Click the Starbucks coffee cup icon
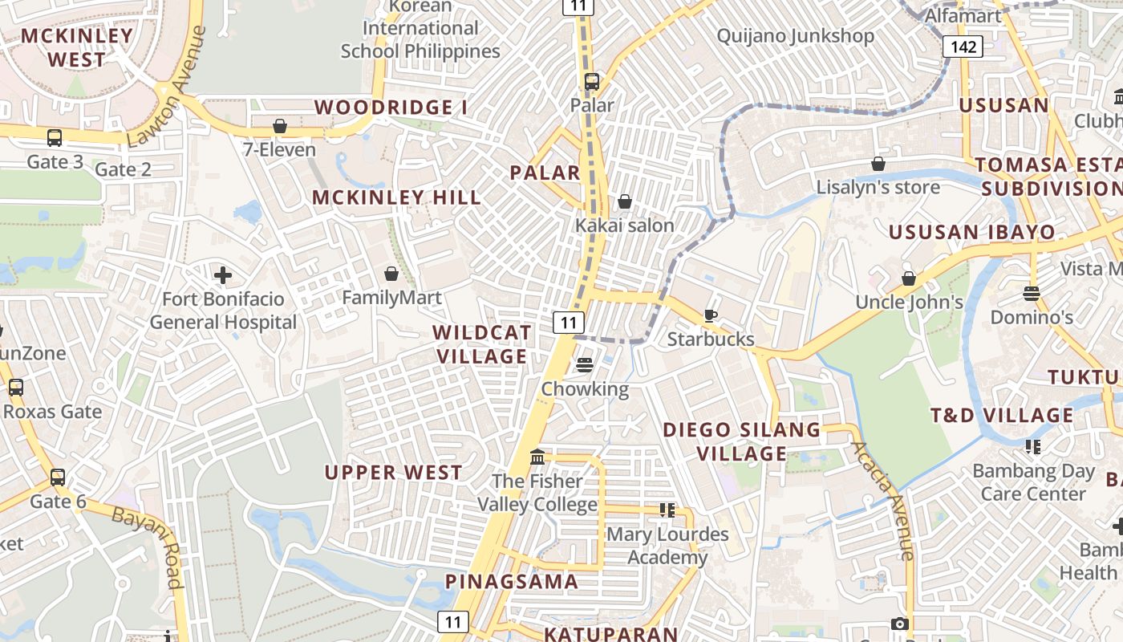coord(710,315)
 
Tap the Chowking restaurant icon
coord(585,365)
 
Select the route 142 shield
coord(963,47)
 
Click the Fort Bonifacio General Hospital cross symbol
coord(223,275)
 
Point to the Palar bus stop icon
coord(592,81)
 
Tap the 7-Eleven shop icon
coord(280,126)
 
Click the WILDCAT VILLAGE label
coord(481,344)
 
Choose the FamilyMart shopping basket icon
coord(391,274)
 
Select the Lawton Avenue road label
coord(167,87)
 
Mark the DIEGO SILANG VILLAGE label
coord(742,441)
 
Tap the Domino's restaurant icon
coord(1032,293)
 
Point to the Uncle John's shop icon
coord(909,278)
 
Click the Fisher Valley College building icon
coord(537,457)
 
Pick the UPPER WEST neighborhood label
coord(393,473)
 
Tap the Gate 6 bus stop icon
coord(58,477)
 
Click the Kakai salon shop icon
coord(624,201)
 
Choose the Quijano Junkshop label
coord(795,36)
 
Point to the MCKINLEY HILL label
coord(396,197)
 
